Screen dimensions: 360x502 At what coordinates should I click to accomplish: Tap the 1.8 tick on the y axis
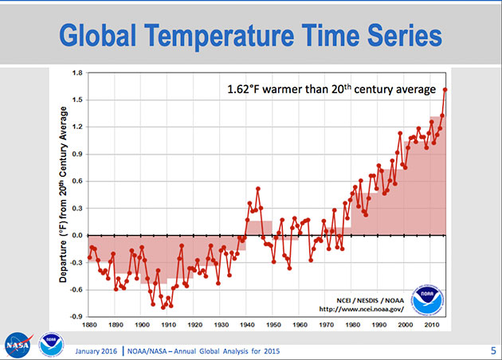(x=76, y=73)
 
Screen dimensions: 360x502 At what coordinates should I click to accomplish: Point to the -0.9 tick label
(x=76, y=316)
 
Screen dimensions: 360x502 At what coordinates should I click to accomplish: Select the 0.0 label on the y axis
(x=76, y=236)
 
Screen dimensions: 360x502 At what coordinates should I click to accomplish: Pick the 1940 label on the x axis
(x=249, y=325)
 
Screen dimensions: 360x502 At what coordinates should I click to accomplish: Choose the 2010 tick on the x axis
(x=432, y=325)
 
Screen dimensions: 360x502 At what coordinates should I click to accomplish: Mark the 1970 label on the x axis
(x=327, y=325)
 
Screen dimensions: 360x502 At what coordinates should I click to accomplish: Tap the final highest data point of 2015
(x=445, y=89)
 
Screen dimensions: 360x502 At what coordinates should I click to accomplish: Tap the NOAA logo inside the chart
(x=426, y=299)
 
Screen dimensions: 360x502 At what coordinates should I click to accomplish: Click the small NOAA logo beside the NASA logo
(x=51, y=343)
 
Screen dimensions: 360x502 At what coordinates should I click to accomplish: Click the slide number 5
(x=492, y=349)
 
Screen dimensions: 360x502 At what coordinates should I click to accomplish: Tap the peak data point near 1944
(x=258, y=189)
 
